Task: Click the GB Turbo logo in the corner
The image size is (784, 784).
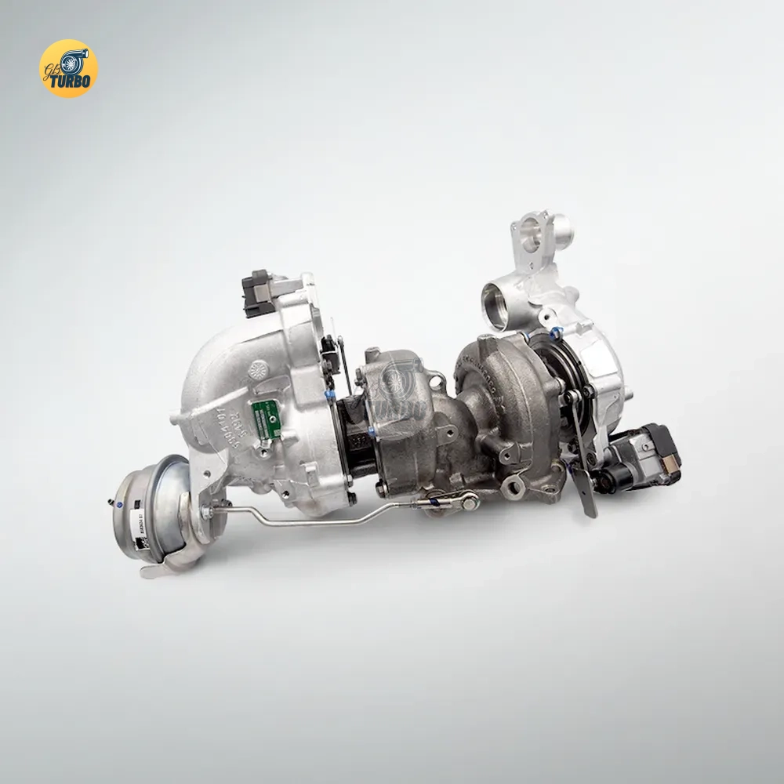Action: coord(68,68)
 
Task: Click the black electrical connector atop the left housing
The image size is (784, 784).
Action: coord(256,291)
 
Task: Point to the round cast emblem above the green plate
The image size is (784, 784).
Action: coord(258,368)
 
